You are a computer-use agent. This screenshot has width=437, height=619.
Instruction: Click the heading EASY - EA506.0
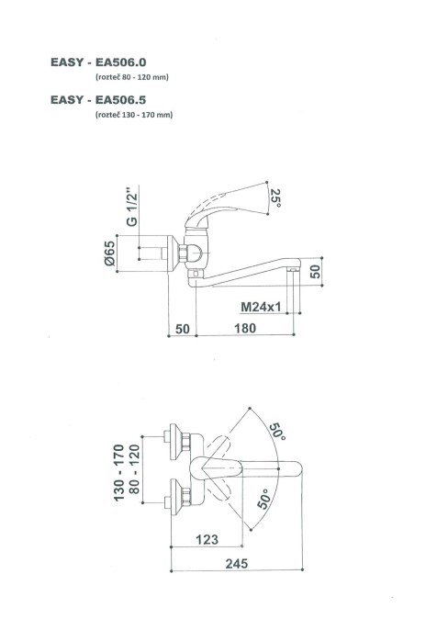click(x=98, y=62)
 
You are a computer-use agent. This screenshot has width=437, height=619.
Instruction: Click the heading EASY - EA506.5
click(x=98, y=100)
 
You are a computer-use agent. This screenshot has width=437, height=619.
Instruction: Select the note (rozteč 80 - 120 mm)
click(x=132, y=77)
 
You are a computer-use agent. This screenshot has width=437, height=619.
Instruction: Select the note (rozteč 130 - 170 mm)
click(x=134, y=115)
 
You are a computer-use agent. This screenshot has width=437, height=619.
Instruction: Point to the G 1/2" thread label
click(x=132, y=206)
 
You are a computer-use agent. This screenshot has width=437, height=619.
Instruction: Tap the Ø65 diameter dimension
click(x=110, y=253)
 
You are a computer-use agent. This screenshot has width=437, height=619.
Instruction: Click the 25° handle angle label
click(x=275, y=198)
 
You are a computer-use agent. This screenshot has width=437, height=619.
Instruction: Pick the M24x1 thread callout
click(x=261, y=307)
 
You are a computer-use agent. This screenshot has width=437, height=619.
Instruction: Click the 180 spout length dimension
click(x=245, y=328)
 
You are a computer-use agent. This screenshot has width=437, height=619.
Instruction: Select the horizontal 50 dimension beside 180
click(x=183, y=329)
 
